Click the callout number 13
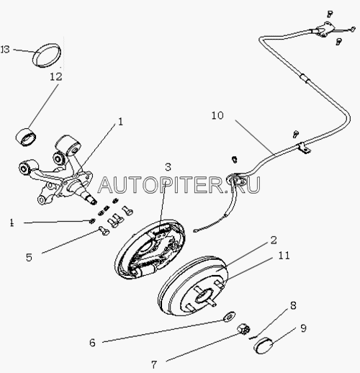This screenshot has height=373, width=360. click(x=5, y=50)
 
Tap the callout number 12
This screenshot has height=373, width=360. click(x=56, y=77)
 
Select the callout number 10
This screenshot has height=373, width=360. click(x=217, y=116)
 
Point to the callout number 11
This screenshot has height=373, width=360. click(x=284, y=256)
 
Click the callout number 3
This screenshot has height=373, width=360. click(x=168, y=167)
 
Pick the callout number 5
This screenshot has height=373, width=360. click(x=29, y=258)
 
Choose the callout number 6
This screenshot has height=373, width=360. click(x=92, y=343)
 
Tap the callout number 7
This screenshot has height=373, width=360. click(x=154, y=365)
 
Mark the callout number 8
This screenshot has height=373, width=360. click(x=293, y=306)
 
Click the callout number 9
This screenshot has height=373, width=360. click(x=304, y=328)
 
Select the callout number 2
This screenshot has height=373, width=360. click(x=274, y=241)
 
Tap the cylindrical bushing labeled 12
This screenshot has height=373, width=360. click(x=27, y=137)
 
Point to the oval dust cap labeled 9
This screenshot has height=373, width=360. click(x=262, y=346)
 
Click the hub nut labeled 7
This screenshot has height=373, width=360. click(x=243, y=329)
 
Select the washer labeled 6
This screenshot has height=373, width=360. click(x=229, y=317)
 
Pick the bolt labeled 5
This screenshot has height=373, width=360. click(x=104, y=230)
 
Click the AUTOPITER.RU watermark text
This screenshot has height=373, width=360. click(x=179, y=185)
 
